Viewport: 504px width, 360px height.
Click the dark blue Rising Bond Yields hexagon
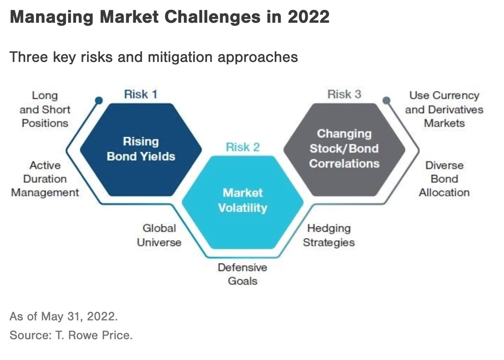[x=141, y=149]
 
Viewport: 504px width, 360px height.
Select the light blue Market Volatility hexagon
[x=243, y=201]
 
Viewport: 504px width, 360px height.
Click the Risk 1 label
[x=141, y=95]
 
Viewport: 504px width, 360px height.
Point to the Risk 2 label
[x=243, y=147]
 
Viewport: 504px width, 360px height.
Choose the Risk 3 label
[x=344, y=95]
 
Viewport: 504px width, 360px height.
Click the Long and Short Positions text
[x=45, y=109]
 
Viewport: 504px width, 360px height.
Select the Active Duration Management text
[x=45, y=179]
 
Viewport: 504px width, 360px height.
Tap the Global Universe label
[x=159, y=235]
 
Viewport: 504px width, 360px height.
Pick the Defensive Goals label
[x=243, y=274]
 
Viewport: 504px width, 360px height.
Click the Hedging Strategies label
[x=328, y=235]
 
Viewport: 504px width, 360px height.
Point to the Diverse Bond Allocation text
[x=444, y=179]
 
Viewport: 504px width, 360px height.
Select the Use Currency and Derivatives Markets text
[x=444, y=109]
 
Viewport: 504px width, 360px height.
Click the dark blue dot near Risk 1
[x=99, y=101]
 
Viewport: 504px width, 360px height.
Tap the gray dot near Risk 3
[x=386, y=101]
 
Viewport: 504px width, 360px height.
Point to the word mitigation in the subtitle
[x=179, y=57]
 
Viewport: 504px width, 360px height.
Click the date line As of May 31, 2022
[x=63, y=316]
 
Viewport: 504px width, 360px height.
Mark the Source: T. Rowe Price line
[x=71, y=336]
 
